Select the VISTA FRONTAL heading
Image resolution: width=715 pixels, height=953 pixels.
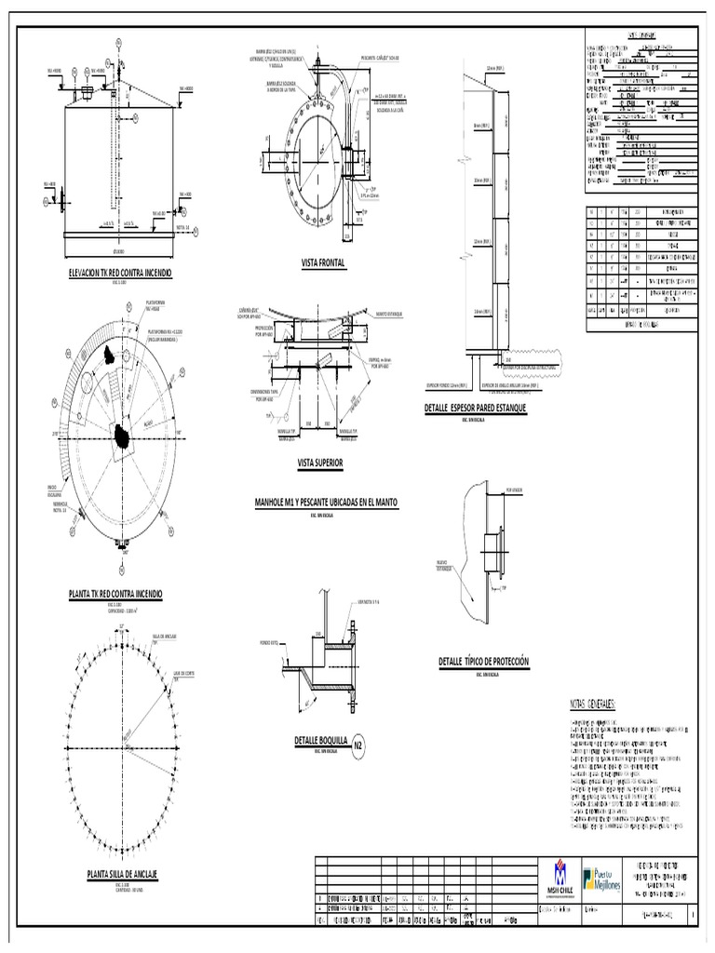[x=323, y=263]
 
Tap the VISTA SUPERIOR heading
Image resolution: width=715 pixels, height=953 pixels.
[x=320, y=463]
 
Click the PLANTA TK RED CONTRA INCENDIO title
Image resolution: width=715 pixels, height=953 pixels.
[x=115, y=593]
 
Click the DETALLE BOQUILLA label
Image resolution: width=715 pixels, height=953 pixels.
[x=320, y=741]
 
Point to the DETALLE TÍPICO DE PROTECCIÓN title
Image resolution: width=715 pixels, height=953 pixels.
[x=483, y=661]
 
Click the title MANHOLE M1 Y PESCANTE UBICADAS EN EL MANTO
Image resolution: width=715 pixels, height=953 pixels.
[x=320, y=503]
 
